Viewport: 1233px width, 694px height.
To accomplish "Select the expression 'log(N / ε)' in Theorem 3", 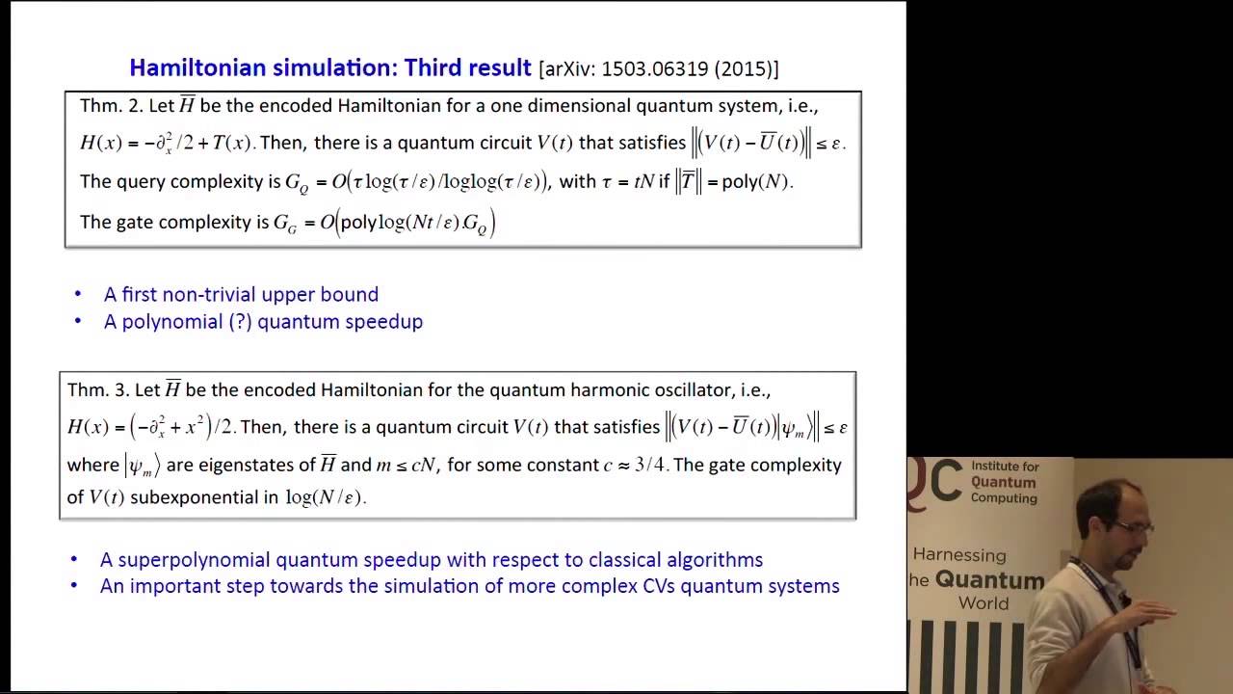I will [x=325, y=497].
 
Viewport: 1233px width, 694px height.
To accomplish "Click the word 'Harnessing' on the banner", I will [x=958, y=555].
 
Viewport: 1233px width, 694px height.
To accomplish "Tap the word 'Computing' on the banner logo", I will [x=1004, y=498].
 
